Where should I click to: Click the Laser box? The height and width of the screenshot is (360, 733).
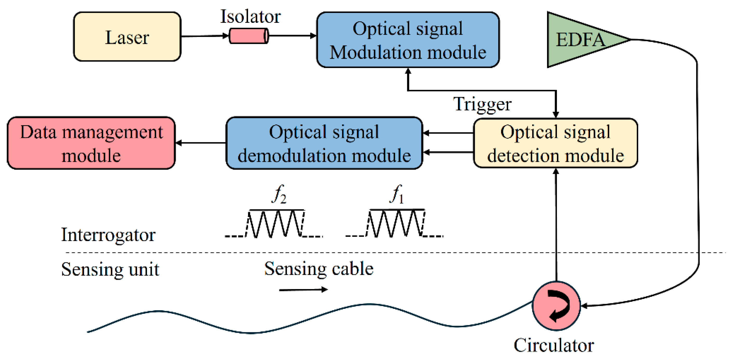tap(127, 37)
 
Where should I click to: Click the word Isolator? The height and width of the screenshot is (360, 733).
tap(250, 17)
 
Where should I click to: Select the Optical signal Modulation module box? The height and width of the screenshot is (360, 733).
tap(408, 40)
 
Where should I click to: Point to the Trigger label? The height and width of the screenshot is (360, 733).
tap(482, 104)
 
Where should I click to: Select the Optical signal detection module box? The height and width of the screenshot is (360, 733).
tap(555, 143)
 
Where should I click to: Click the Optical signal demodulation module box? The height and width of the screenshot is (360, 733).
tap(324, 143)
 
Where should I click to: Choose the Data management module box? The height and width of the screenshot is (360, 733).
tap(91, 143)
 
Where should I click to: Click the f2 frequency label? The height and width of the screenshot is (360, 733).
tap(279, 194)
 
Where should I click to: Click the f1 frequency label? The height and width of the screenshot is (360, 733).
tap(397, 194)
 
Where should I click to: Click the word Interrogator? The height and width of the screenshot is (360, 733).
tap(108, 235)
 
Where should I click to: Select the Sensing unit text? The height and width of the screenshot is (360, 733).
tap(110, 269)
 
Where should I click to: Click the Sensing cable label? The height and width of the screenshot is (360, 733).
tap(319, 269)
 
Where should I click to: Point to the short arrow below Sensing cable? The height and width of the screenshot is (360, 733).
tap(303, 290)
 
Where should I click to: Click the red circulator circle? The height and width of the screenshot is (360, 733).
tap(556, 306)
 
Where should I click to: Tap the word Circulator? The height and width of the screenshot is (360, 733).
tap(554, 345)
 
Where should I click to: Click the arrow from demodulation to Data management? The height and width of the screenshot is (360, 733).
tap(201, 143)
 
